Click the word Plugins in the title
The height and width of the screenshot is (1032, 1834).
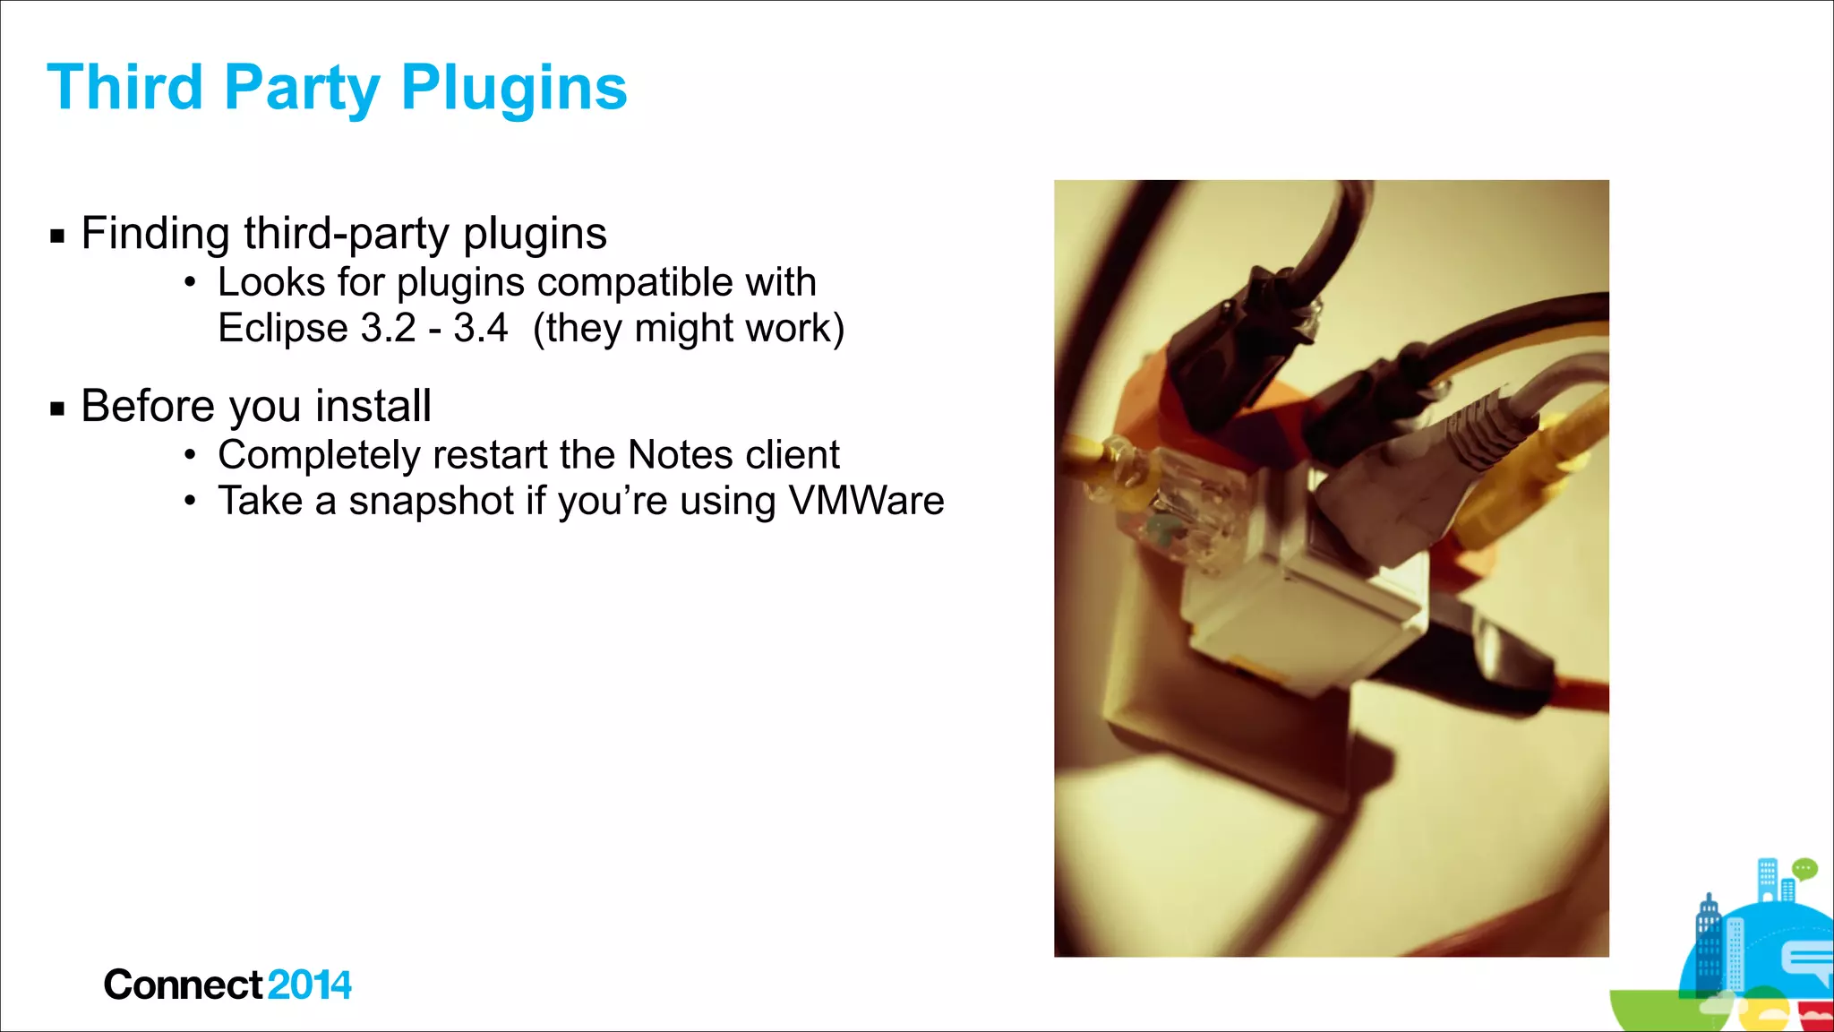coord(514,90)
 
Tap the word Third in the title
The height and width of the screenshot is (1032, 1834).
coord(125,88)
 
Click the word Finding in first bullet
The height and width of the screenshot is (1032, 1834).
coord(155,234)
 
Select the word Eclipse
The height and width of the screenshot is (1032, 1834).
coord(281,329)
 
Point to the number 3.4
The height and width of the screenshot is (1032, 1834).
coord(480,328)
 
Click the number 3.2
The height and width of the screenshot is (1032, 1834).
coord(388,328)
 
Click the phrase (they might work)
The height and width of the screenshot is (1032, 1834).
coord(688,329)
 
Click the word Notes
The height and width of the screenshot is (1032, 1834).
coord(680,455)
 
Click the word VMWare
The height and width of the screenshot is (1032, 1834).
coord(866,501)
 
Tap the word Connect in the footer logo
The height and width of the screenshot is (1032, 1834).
coord(183,985)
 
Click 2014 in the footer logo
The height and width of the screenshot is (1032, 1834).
coord(309,985)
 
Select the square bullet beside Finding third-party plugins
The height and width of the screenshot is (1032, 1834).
coord(58,237)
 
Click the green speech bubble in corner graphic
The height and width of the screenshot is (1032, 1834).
coord(1804,868)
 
